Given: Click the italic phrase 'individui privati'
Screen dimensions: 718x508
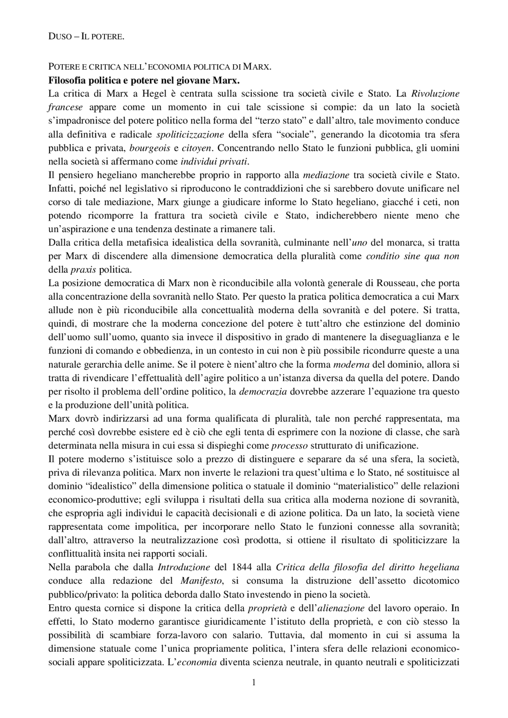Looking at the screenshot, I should (x=214, y=161).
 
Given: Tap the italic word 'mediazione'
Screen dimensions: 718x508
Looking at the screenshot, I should (x=326, y=175).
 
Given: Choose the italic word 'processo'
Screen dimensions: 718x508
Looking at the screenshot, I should (x=289, y=446).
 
